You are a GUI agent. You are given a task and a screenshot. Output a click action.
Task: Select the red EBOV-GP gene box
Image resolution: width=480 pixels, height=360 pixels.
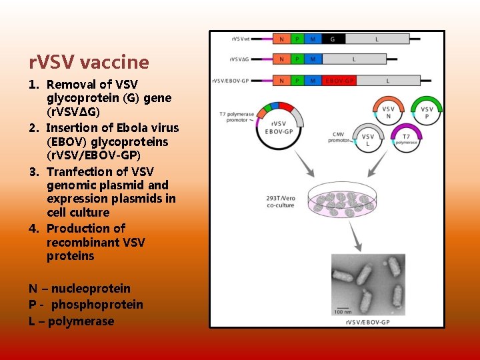tap(339, 81)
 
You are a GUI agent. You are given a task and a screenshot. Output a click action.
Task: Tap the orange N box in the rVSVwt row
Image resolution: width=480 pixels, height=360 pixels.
tap(281, 39)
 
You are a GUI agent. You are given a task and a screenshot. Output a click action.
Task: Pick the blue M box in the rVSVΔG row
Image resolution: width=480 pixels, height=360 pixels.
tap(313, 59)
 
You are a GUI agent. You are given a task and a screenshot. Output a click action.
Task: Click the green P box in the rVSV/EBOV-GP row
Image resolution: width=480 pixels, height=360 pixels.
tap(297, 81)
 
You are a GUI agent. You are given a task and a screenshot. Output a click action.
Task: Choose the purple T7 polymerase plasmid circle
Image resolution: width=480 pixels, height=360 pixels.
tap(406, 138)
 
